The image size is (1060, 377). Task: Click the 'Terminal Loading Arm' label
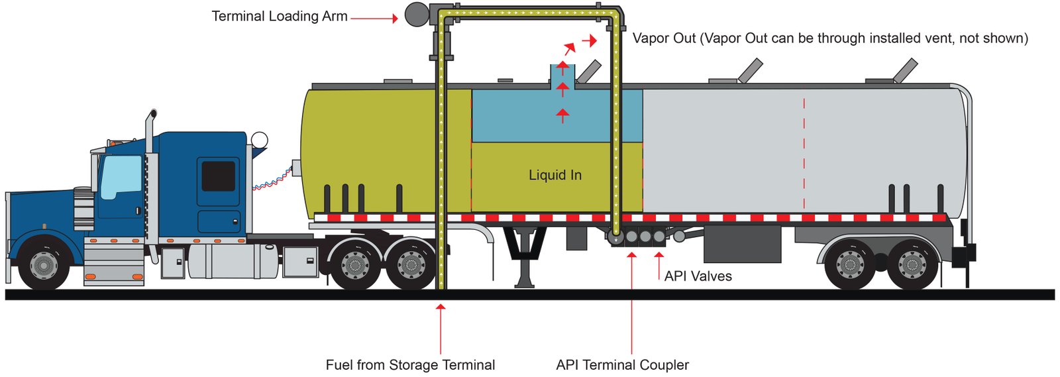pos(279,17)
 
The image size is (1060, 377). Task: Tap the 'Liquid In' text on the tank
pos(555,176)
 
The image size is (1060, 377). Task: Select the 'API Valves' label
pos(698,276)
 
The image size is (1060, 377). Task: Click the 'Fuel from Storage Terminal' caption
pos(410,365)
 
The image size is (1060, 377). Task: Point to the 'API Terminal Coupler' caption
pos(622,365)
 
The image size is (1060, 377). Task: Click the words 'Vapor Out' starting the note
pos(664,38)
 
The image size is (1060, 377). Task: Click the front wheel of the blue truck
pos(44,265)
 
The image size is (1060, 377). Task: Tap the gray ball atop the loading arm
pos(417,15)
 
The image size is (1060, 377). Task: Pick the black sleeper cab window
pos(218,176)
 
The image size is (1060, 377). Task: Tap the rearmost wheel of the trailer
pos(912,265)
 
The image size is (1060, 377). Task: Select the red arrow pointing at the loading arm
pos(374,19)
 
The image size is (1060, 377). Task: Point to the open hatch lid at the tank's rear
pos(905,70)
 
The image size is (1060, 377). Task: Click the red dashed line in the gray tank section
pos(804,152)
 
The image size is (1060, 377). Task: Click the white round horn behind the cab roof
pos(259,140)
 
